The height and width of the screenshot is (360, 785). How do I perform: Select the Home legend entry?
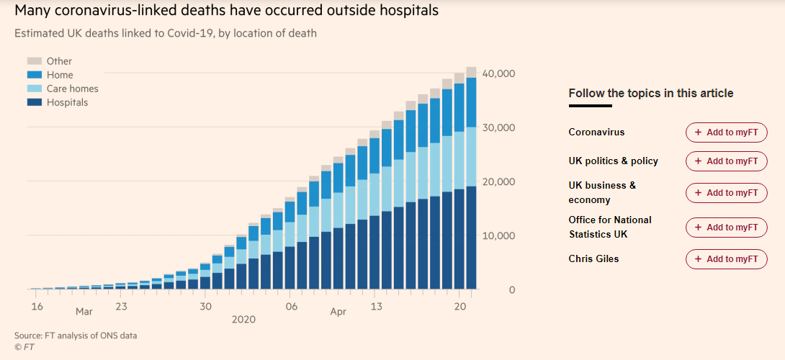pos(60,75)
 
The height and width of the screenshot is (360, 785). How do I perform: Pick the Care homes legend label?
pos(73,89)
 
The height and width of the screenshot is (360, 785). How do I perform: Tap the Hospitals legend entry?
pos(67,102)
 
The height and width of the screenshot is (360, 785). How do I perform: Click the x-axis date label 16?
pos(37,307)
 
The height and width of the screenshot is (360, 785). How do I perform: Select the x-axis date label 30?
pos(206,307)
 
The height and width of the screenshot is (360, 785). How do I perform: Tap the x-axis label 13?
pos(375,307)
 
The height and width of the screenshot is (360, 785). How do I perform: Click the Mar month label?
pos(84,312)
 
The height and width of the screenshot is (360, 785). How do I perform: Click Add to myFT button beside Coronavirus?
pos(726,132)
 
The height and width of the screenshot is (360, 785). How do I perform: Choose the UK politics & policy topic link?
pos(613,161)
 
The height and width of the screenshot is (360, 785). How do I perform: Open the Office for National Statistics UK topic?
pos(609,227)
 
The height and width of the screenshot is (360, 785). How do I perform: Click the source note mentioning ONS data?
pos(76,336)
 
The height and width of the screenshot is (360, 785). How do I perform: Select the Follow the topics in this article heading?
pos(650,93)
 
